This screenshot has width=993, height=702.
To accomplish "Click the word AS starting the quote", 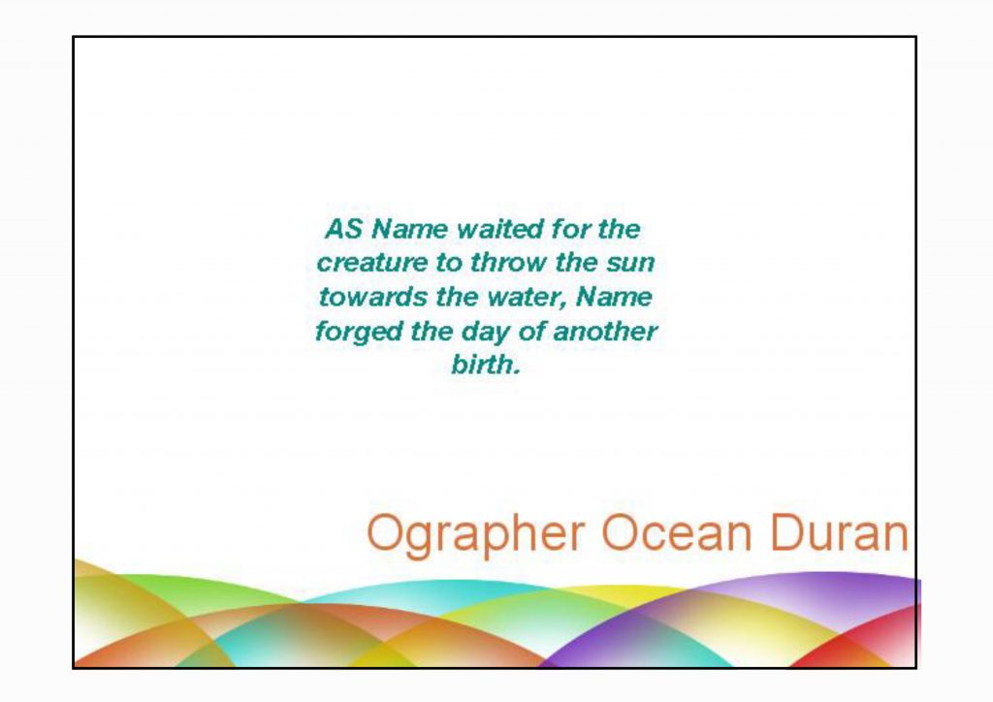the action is (x=342, y=229).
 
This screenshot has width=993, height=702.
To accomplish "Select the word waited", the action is (x=499, y=229).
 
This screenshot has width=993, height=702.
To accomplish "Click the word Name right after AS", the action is (x=409, y=229).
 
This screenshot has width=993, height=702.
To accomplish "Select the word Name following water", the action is (x=614, y=297).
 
